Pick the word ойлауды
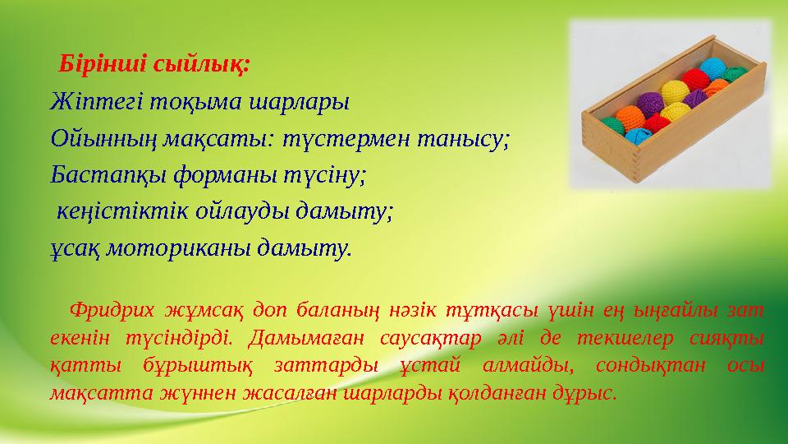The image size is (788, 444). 236,211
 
